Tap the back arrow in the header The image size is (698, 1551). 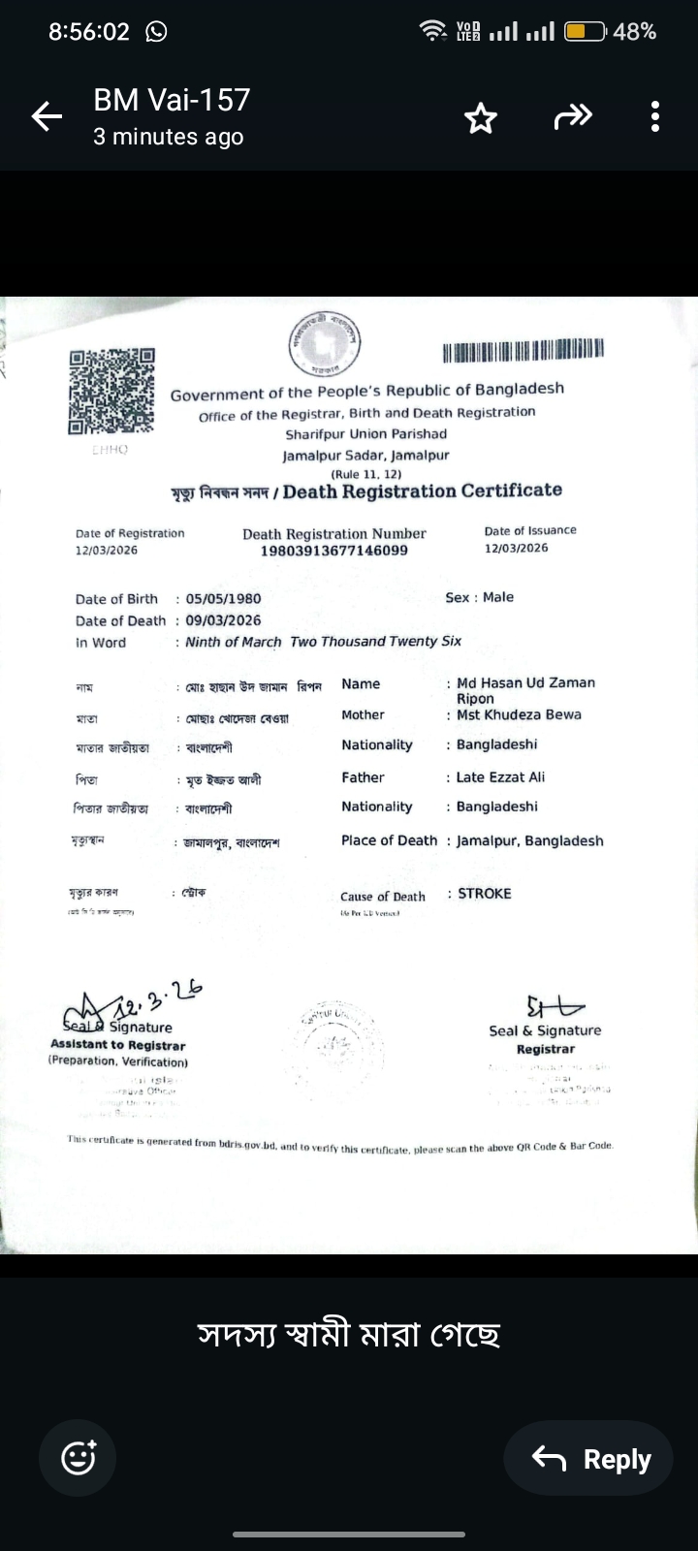click(x=47, y=117)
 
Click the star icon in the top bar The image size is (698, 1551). click(x=480, y=118)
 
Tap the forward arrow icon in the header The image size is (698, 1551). click(x=572, y=117)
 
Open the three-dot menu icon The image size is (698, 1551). click(x=655, y=117)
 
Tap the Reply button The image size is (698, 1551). click(x=588, y=1458)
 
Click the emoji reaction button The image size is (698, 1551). click(x=78, y=1458)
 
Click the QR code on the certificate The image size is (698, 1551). click(x=111, y=391)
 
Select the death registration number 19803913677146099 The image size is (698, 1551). click(x=334, y=551)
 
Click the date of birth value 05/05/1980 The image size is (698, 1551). click(x=223, y=599)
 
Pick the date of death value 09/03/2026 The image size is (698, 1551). click(x=223, y=620)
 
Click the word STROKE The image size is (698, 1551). click(x=484, y=894)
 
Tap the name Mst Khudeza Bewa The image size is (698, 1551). click(x=519, y=715)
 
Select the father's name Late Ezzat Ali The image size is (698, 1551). click(x=500, y=777)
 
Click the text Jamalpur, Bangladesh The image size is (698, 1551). click(x=529, y=841)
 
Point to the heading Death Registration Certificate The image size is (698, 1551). click(x=422, y=491)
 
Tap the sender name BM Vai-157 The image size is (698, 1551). click(x=172, y=100)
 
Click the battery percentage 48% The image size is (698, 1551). click(x=635, y=32)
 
